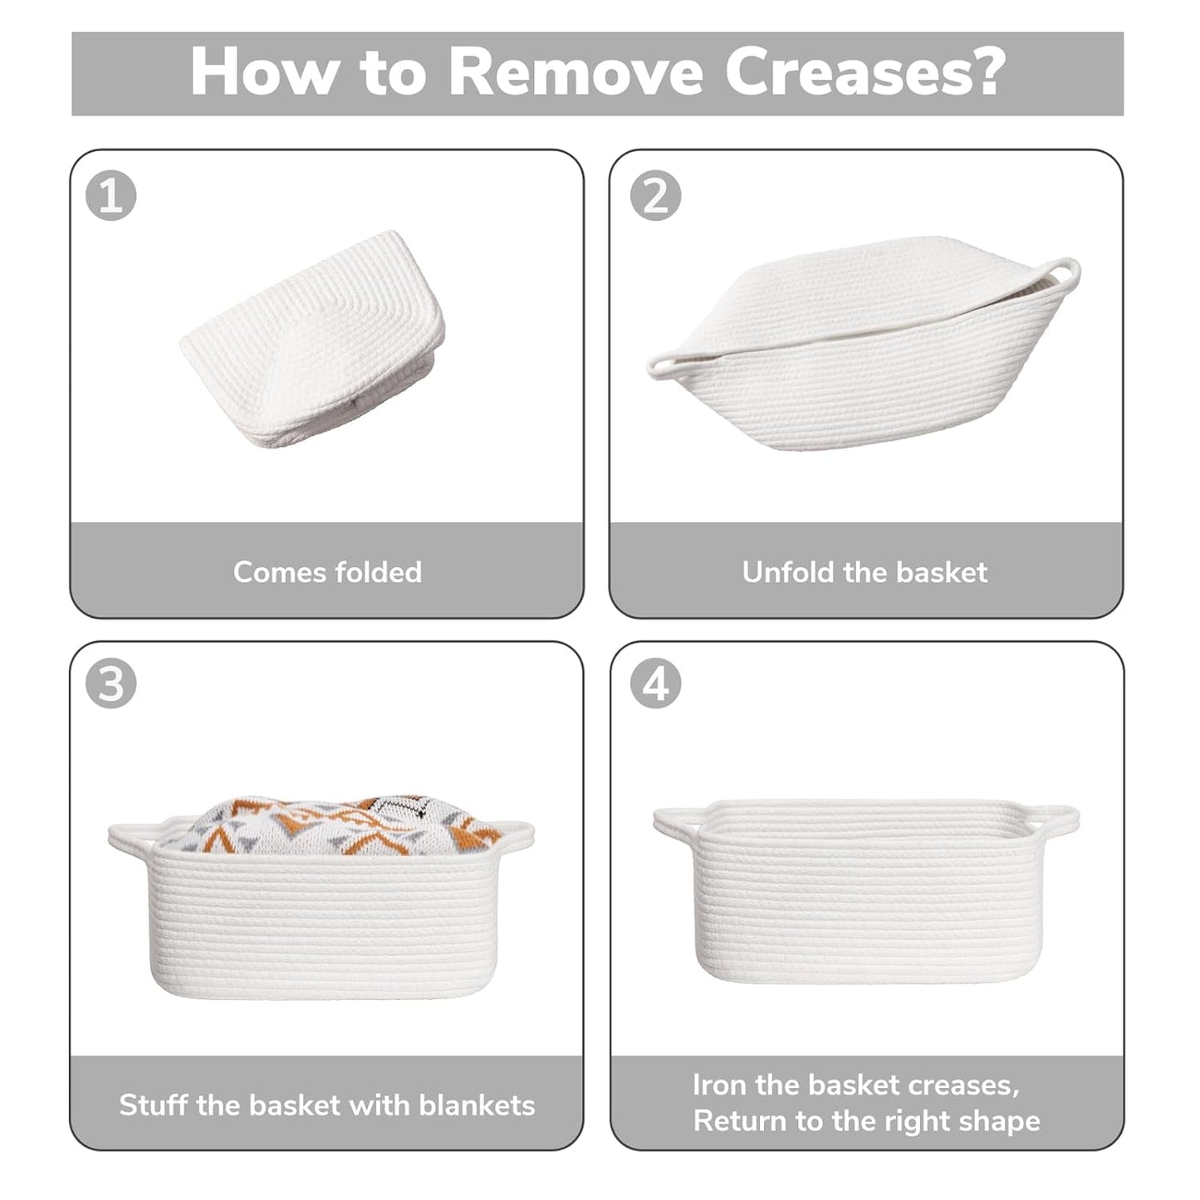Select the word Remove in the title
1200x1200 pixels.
click(x=576, y=73)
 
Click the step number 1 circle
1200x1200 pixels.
click(x=110, y=195)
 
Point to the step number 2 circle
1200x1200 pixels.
click(x=656, y=195)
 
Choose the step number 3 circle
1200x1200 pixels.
click(x=110, y=683)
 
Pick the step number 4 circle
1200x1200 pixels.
click(x=656, y=683)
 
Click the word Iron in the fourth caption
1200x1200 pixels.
click(x=718, y=1085)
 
